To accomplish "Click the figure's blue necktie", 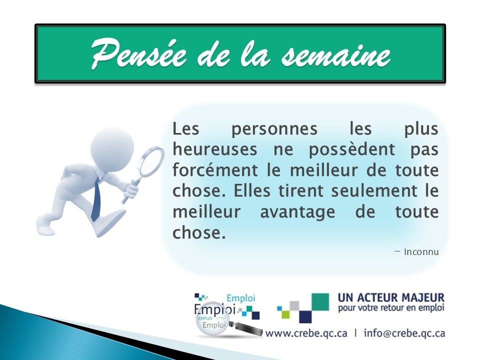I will click(x=96, y=200).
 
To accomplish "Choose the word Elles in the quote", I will click(x=257, y=191).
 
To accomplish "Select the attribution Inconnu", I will click(x=421, y=252).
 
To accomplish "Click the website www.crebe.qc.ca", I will click(x=306, y=332).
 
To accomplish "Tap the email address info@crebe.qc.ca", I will click(x=404, y=332).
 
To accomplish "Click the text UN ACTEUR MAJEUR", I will click(x=391, y=297).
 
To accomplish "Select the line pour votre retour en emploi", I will click(x=391, y=308).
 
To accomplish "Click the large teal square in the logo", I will click(x=320, y=302).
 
